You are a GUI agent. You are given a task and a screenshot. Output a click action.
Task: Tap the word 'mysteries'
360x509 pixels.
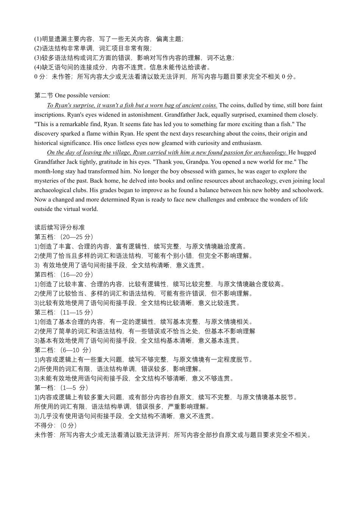47,181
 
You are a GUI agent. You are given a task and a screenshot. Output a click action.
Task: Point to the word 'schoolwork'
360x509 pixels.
309,190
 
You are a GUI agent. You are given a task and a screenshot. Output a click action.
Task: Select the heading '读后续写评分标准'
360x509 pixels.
59,228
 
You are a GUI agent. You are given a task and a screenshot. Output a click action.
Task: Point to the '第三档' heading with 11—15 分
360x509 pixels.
64,312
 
